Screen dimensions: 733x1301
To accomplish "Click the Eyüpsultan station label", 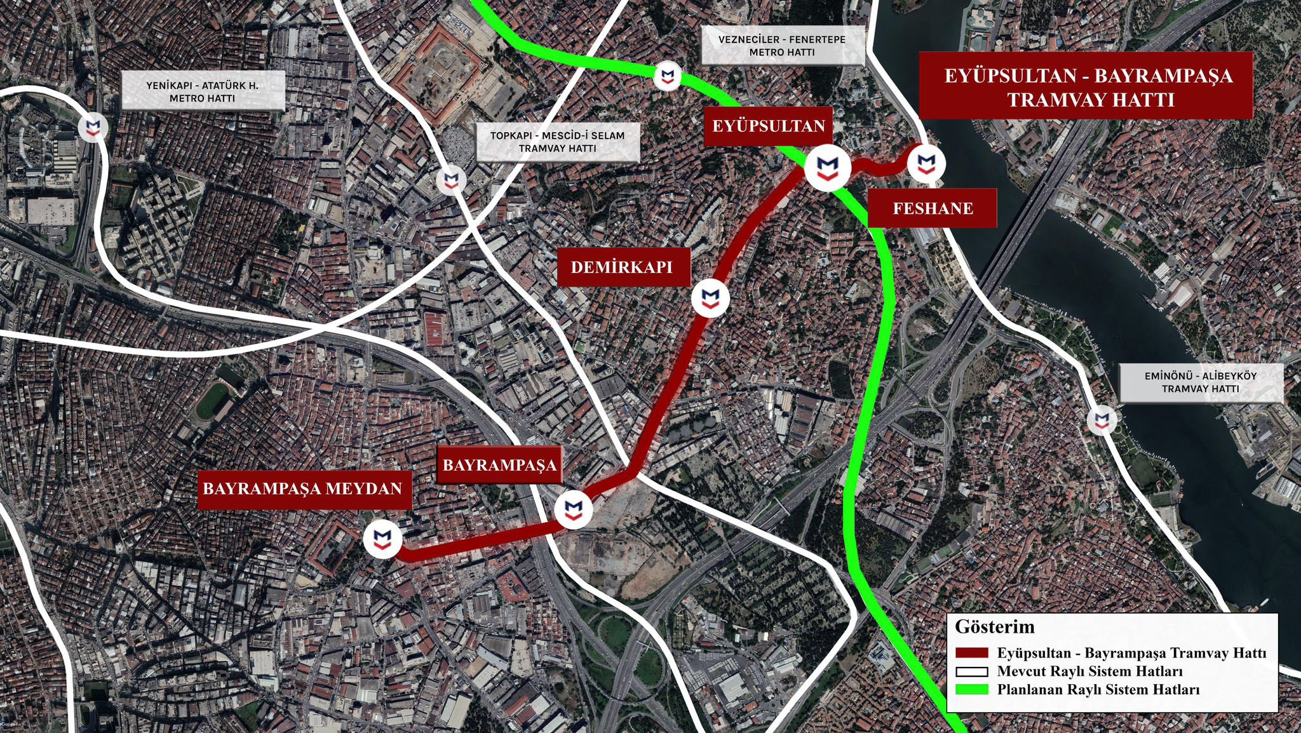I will coord(768,126).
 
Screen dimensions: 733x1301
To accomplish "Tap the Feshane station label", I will coord(932,208).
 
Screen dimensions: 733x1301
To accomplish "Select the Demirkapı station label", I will coord(621,267).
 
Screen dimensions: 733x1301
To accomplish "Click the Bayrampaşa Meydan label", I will coord(302,488).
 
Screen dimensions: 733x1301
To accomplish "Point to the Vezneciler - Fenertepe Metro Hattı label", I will coord(782,46).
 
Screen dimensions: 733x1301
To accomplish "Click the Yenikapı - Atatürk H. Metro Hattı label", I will coord(202,91).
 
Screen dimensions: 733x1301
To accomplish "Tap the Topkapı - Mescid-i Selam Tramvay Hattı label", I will coord(557,142).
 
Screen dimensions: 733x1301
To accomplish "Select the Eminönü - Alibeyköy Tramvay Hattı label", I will coord(1200,382).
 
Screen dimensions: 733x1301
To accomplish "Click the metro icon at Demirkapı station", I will coord(710,298).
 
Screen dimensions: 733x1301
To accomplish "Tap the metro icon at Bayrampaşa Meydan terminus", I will coord(382,539).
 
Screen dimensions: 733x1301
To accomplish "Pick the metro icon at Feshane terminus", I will coord(926,164).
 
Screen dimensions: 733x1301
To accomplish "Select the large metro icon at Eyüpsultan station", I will coord(827,168).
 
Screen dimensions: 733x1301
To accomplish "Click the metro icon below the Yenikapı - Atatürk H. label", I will coord(93,128).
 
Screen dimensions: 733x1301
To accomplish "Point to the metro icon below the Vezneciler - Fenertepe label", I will coord(667,77).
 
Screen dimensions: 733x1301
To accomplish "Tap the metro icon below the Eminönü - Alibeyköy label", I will coord(1101,420).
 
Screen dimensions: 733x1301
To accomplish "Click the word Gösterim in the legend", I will coord(995,627).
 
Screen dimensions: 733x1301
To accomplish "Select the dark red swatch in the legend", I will coord(972,653).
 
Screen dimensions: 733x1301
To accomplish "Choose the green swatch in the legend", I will coord(972,690).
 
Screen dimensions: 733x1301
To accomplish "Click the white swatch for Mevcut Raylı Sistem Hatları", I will coord(972,671).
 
